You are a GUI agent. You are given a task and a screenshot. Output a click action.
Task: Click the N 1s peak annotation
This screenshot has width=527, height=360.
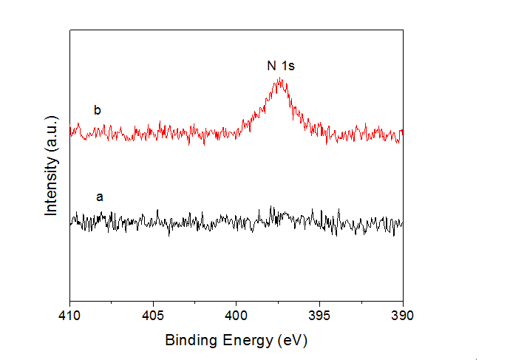(x=281, y=67)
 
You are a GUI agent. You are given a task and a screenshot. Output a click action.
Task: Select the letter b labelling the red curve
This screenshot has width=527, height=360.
(x=97, y=111)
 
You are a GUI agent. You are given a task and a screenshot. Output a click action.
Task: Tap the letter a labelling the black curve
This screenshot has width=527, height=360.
(x=100, y=197)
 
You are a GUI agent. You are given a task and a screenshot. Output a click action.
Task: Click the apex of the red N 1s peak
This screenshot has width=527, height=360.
(x=280, y=78)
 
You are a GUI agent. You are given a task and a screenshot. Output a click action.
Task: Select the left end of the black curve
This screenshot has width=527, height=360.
(x=70, y=221)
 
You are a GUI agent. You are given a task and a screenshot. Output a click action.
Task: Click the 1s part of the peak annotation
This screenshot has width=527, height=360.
(x=288, y=67)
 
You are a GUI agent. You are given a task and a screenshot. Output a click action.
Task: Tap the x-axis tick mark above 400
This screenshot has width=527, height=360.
(x=237, y=300)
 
